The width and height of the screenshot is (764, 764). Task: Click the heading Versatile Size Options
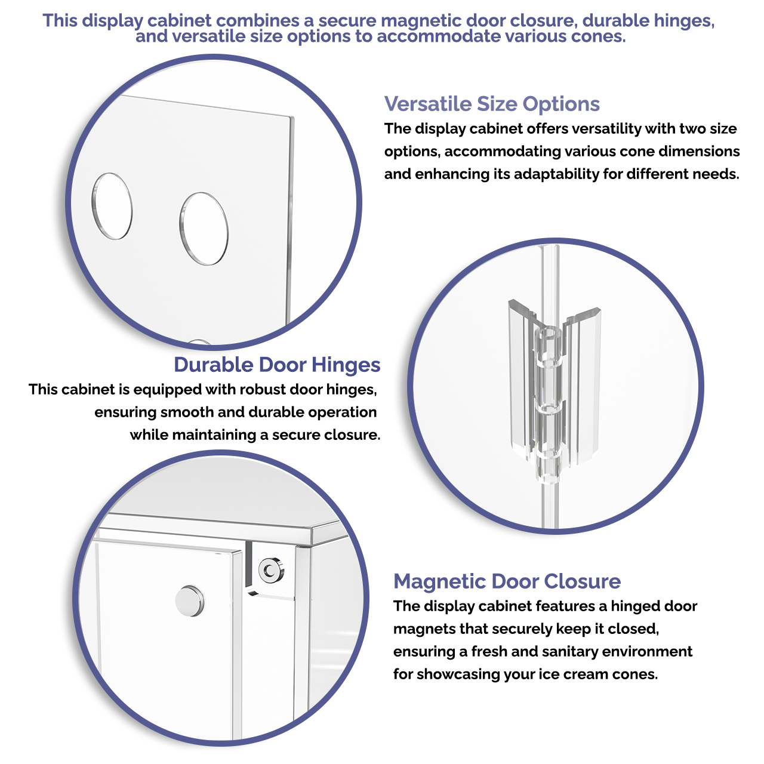(x=492, y=104)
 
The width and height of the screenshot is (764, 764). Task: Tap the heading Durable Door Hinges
(x=277, y=365)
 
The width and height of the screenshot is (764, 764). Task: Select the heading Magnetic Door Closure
(x=507, y=581)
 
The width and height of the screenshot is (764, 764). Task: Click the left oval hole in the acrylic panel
(x=112, y=206)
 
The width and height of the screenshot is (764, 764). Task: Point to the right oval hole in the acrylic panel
(x=204, y=229)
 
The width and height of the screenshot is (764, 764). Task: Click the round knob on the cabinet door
(x=190, y=601)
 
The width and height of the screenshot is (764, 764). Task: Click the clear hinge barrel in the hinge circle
(x=550, y=405)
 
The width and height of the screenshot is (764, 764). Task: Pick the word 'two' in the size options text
(x=692, y=129)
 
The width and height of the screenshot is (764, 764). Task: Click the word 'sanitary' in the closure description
(x=571, y=652)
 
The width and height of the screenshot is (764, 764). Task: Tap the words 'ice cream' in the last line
(x=569, y=674)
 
